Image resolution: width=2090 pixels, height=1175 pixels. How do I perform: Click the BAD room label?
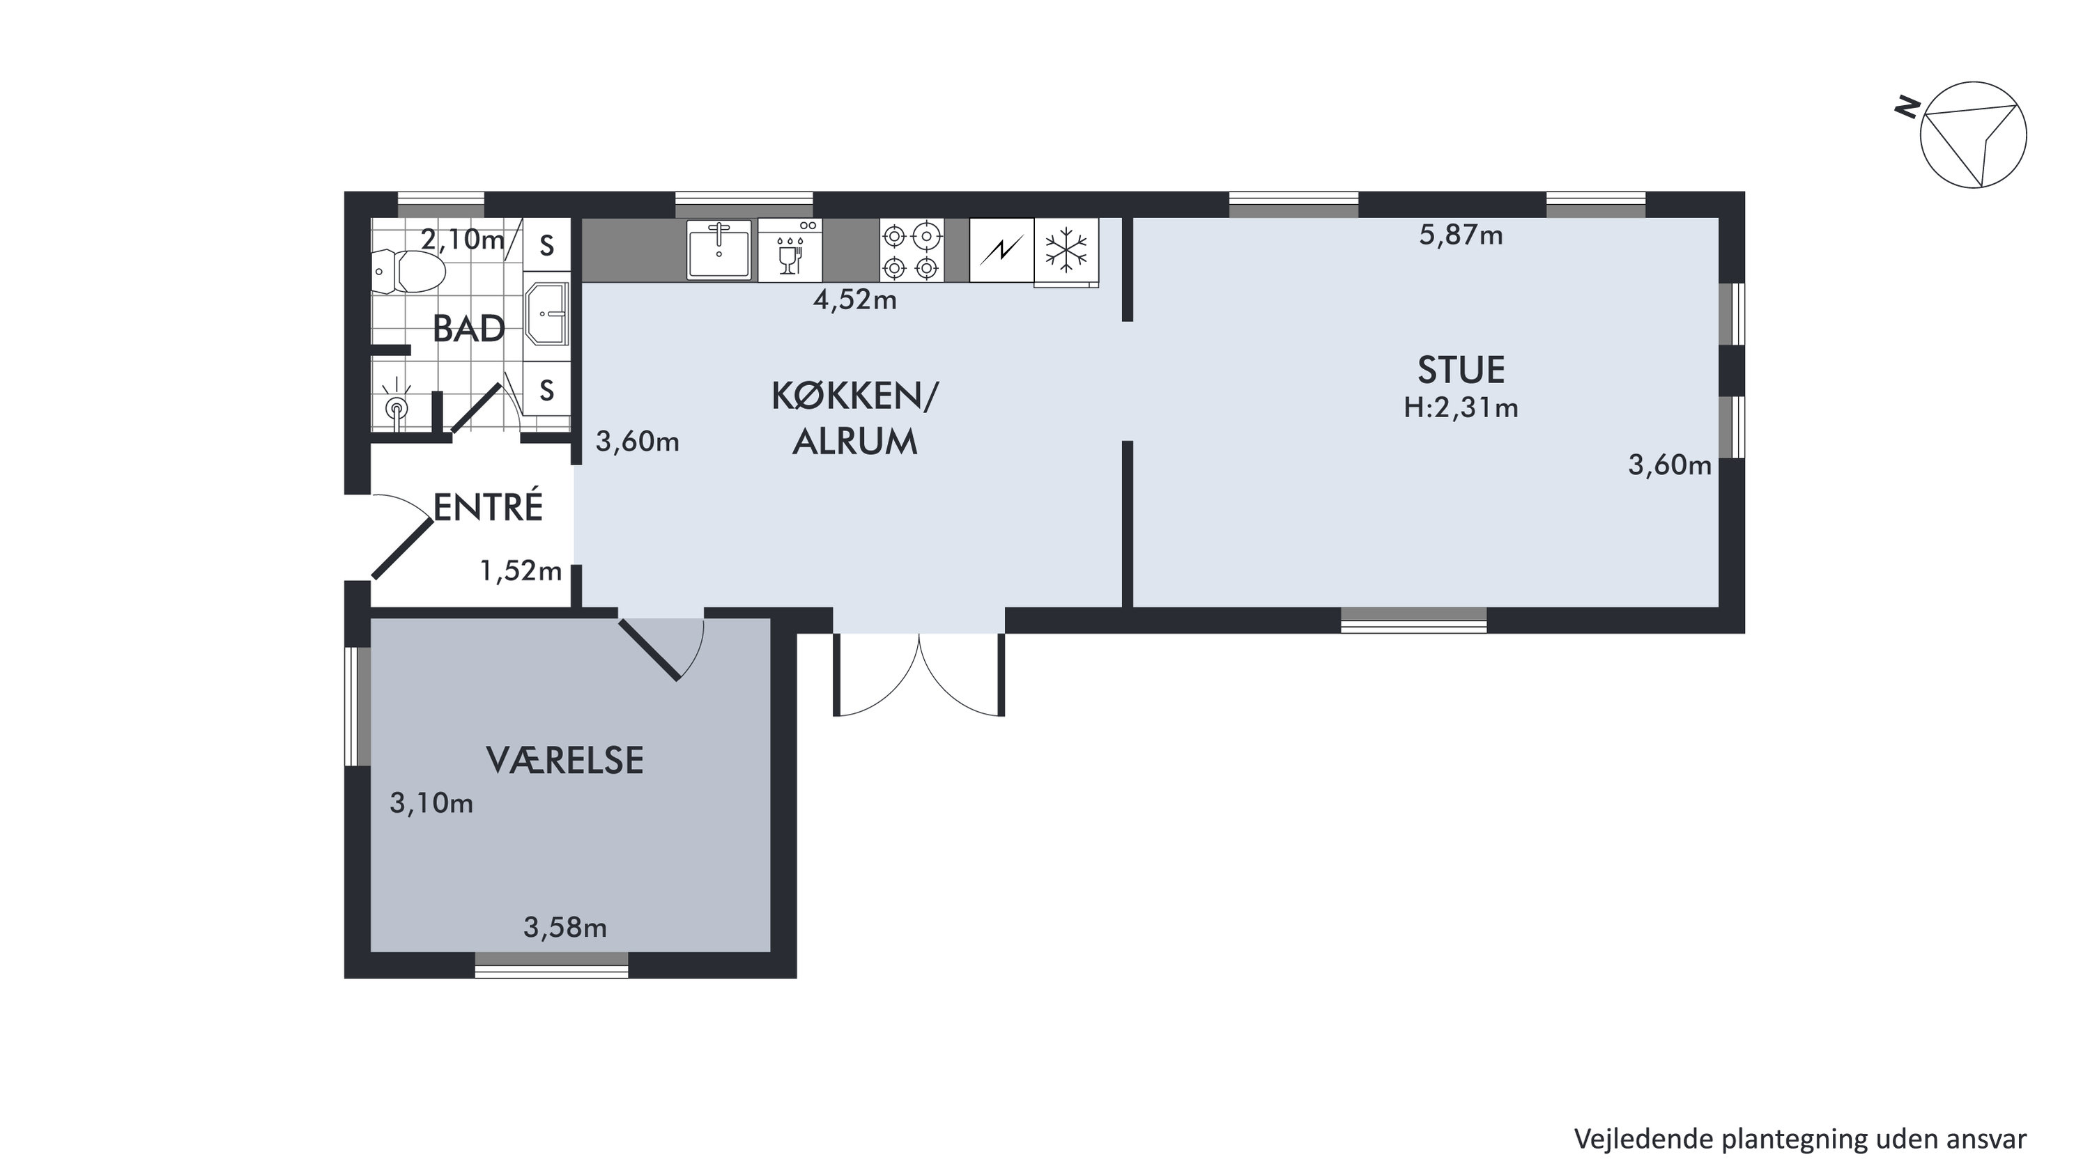[468, 329]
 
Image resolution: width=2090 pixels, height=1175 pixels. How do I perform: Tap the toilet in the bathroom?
[409, 272]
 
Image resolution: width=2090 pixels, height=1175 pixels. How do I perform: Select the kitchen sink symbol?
[719, 250]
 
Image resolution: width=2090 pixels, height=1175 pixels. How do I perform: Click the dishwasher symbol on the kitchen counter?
[790, 250]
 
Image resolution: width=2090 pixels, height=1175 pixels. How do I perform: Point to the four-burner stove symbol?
[912, 251]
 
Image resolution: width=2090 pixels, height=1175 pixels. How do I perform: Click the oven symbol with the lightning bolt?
[1001, 251]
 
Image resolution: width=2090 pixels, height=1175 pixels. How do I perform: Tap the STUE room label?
[1461, 370]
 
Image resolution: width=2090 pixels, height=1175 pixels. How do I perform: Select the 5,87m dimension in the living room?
[1461, 235]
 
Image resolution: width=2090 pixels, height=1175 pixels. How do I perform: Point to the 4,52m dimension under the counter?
[854, 300]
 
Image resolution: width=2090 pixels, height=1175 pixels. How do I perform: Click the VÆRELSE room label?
[564, 761]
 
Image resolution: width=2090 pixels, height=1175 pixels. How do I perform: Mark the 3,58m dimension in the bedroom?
[564, 927]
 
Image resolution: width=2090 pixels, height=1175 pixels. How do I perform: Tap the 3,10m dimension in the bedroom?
[431, 803]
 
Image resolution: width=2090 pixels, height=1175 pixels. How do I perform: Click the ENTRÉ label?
[488, 507]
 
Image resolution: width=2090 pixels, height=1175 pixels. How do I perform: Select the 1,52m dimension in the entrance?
[521, 571]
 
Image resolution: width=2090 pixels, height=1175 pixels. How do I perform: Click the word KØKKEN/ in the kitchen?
[854, 396]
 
